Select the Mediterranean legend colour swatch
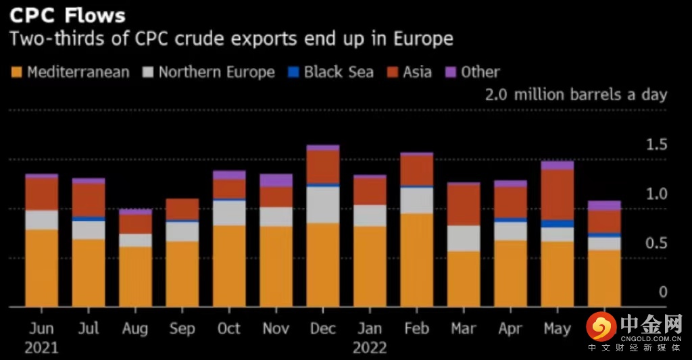[x=16, y=72]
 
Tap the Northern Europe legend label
[x=216, y=72]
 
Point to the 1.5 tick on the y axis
[x=655, y=145]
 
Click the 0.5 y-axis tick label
[x=655, y=244]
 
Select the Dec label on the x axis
[x=323, y=328]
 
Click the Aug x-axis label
[x=136, y=328]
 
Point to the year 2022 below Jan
[x=369, y=348]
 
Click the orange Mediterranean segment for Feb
[x=416, y=260]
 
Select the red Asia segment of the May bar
[x=557, y=194]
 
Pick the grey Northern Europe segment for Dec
[x=323, y=205]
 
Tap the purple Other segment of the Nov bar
[x=276, y=180]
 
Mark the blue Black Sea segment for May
[x=557, y=224]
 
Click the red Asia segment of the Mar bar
[x=464, y=204]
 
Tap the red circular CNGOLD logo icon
[x=601, y=327]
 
